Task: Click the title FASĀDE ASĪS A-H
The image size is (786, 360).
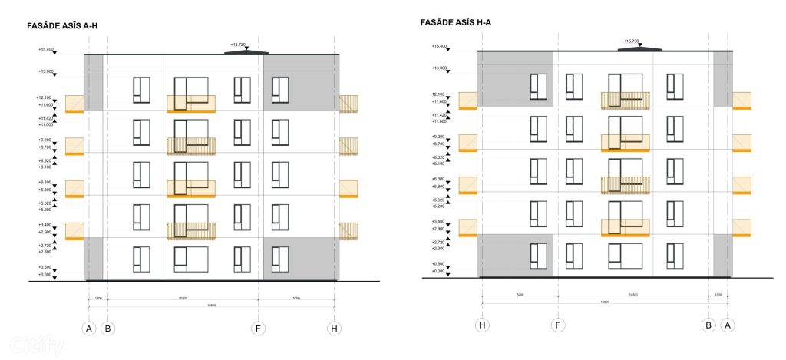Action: tap(61, 26)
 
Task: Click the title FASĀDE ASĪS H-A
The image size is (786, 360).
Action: tap(456, 23)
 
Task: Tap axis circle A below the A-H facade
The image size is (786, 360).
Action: tap(89, 329)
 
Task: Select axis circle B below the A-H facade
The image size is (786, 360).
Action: tap(108, 329)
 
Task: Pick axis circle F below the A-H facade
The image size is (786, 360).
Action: tap(258, 329)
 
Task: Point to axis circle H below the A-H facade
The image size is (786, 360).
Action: tap(334, 329)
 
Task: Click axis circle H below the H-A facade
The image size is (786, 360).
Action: tap(482, 325)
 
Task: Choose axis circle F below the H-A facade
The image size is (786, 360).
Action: tap(558, 325)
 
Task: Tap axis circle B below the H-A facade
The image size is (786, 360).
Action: tap(708, 325)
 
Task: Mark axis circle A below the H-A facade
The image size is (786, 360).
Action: tap(728, 325)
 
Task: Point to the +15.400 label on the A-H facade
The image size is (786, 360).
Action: tap(46, 50)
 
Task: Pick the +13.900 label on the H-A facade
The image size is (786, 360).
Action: tap(439, 68)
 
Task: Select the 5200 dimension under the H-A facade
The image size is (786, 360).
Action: tap(520, 296)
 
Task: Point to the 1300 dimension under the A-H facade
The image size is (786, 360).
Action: tap(98, 298)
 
